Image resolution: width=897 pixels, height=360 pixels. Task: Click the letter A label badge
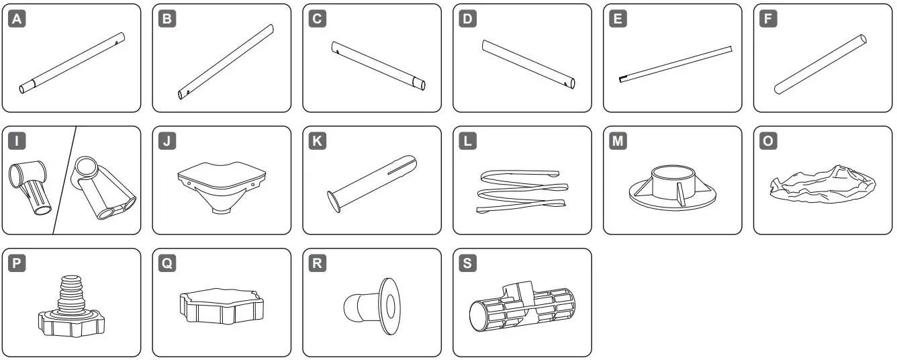18,19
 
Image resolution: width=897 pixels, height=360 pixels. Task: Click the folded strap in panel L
520,191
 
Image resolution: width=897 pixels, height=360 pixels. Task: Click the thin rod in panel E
674,63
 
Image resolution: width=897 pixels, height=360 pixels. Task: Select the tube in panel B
226,62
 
